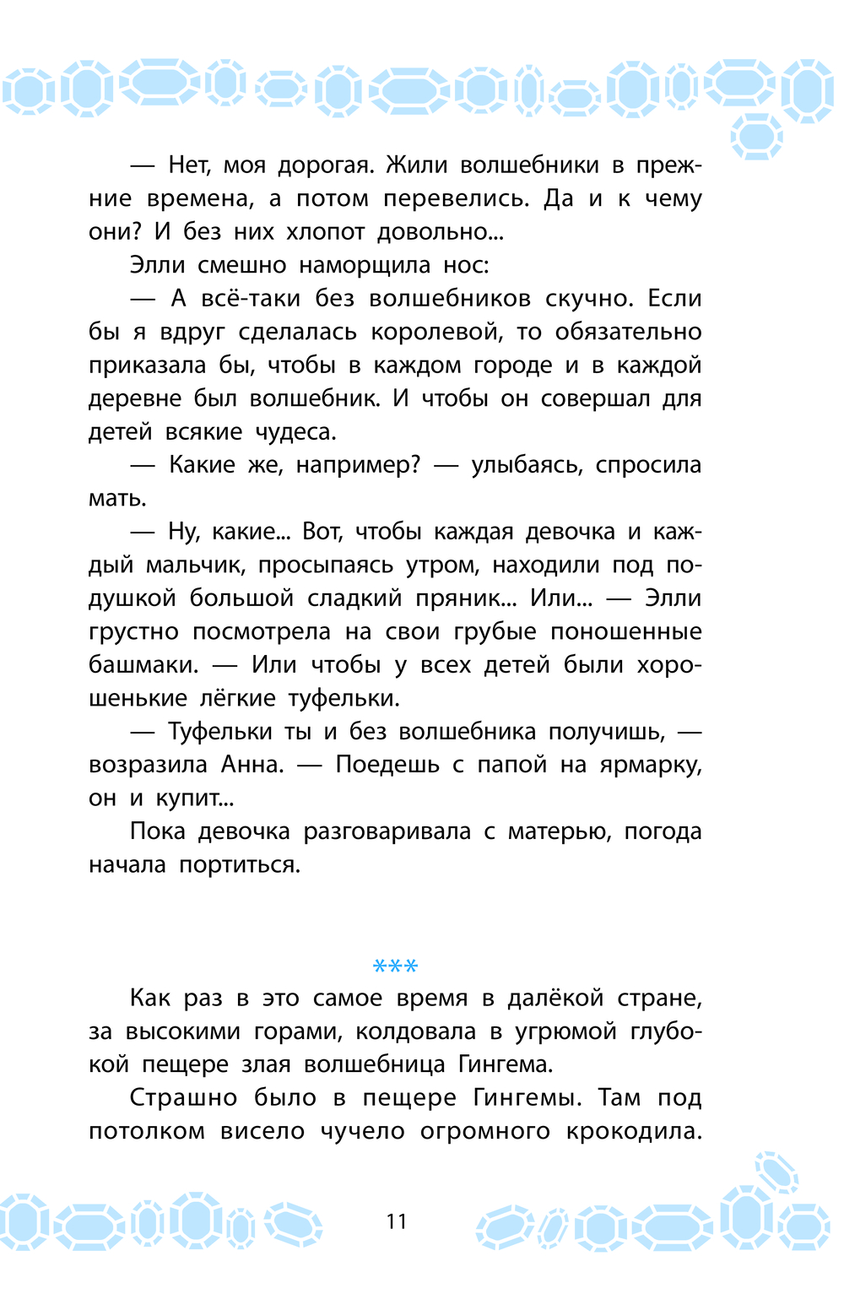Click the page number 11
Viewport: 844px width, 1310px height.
397,1221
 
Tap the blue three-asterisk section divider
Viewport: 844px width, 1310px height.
396,966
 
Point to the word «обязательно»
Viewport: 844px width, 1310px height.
628,332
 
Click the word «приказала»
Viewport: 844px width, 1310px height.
148,365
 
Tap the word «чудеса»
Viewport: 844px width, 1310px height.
295,432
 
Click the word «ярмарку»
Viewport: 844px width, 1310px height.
650,765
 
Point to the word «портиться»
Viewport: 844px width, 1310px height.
239,865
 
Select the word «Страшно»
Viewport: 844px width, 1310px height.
183,1098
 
